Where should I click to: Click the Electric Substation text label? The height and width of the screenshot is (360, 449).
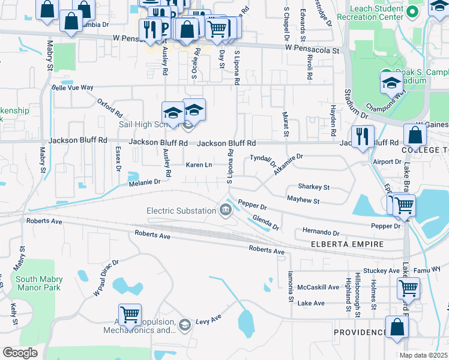(182, 211)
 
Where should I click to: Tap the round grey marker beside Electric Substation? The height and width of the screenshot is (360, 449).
(226, 209)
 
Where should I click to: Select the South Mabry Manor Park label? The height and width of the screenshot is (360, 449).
(38, 283)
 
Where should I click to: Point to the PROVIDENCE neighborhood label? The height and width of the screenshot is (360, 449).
(360, 332)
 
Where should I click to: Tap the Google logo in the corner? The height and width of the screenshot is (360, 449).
(20, 353)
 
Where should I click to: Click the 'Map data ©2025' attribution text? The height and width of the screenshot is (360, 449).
(423, 355)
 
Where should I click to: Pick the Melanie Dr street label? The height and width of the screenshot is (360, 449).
(144, 182)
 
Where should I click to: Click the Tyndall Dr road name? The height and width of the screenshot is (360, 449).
(263, 160)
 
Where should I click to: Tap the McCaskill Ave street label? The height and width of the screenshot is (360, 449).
(318, 287)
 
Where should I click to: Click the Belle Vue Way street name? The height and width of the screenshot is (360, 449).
(73, 87)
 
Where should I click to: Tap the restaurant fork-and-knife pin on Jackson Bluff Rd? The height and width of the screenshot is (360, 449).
(363, 136)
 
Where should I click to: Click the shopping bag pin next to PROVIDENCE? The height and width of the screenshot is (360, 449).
(397, 328)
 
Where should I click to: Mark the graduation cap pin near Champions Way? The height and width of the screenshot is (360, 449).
(391, 82)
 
